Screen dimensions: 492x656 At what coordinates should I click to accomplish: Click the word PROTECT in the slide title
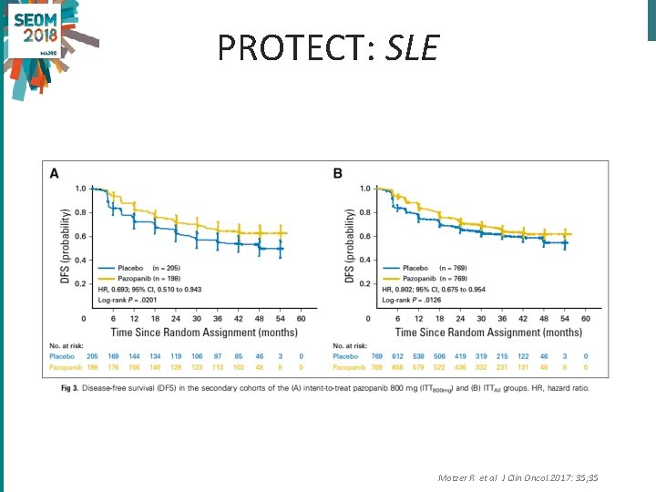point(293,47)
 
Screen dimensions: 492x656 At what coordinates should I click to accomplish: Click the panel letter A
point(54,173)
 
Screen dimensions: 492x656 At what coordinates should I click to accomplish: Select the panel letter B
point(337,173)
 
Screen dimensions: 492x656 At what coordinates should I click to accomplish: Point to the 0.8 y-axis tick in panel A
point(80,212)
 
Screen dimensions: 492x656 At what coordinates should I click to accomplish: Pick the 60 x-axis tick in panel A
point(301,318)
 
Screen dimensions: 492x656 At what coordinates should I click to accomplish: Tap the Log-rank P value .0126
point(427,299)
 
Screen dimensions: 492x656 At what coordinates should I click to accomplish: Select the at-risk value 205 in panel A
point(91,357)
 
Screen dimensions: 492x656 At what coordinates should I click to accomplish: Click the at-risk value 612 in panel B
point(398,357)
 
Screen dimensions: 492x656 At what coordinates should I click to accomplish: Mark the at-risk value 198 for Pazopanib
point(91,367)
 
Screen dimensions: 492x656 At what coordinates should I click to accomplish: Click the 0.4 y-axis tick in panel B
point(364,260)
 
